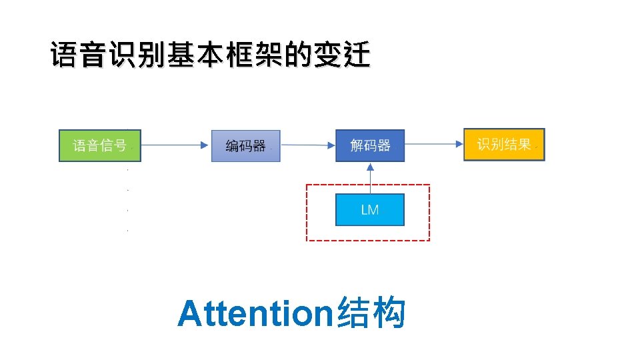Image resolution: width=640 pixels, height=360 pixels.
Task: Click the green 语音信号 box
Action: tap(99, 145)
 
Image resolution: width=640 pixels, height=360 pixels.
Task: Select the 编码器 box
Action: tap(245, 145)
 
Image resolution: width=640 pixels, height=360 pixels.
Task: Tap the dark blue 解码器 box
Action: tap(370, 145)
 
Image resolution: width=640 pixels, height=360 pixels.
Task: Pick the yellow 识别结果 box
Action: tap(504, 145)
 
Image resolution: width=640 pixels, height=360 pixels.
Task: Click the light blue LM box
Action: tap(370, 210)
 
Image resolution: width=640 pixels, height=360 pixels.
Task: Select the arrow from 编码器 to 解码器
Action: tap(307, 144)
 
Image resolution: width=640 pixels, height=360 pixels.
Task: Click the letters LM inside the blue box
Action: tap(370, 210)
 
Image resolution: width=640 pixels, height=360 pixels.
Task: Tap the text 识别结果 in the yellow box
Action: tap(504, 145)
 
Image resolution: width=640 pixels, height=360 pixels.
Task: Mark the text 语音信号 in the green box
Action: tap(99, 145)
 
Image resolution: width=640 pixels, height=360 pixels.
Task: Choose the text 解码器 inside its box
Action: tap(370, 145)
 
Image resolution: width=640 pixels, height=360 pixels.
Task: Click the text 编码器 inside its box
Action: tap(245, 145)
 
